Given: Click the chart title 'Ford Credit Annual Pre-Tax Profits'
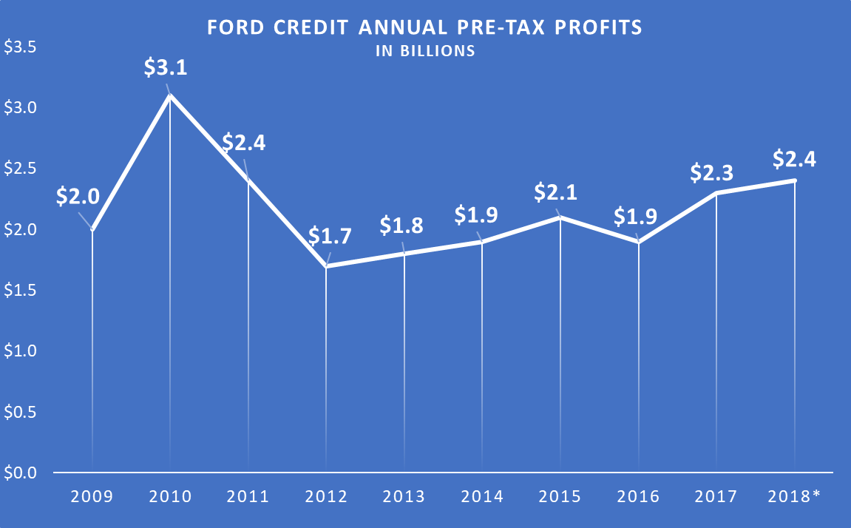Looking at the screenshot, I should (x=425, y=28).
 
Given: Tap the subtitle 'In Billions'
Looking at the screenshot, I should (x=425, y=52).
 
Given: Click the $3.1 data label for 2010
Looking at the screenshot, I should (x=166, y=68).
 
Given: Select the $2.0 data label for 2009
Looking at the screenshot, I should (x=78, y=197).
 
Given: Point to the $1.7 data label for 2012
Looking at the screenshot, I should (x=330, y=237).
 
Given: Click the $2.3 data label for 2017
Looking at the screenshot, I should (x=712, y=172).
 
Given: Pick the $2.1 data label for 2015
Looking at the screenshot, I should (x=555, y=193).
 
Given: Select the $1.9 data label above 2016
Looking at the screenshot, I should (x=636, y=217).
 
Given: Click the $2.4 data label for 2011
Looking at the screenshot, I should (x=243, y=142).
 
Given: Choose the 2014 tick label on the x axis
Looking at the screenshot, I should (x=482, y=496).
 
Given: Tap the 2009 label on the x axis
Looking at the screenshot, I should (x=92, y=496).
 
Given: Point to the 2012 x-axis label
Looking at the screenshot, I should (x=326, y=496).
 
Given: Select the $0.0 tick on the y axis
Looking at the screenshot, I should (x=21, y=473).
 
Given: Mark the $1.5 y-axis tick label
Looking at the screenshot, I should (x=21, y=291).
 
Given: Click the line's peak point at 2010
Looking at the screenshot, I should (x=170, y=95).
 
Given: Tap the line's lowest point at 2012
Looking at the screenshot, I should (x=326, y=265).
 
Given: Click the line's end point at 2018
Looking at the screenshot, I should (x=795, y=180).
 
